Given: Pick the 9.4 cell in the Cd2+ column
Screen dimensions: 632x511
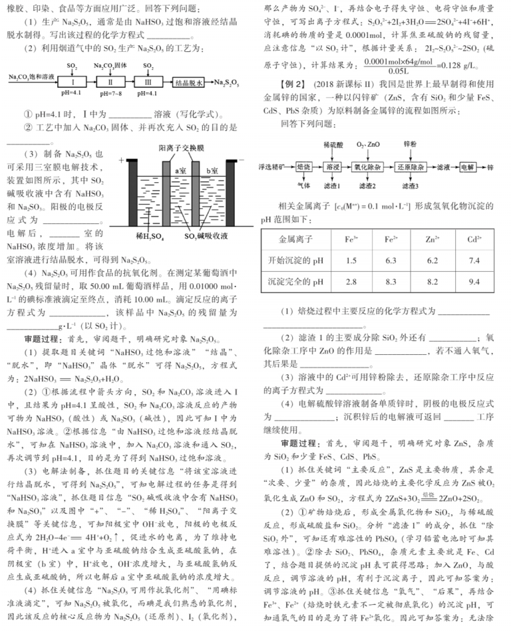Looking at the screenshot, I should (x=474, y=282).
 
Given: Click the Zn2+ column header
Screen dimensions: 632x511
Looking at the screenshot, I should (x=432, y=239).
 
